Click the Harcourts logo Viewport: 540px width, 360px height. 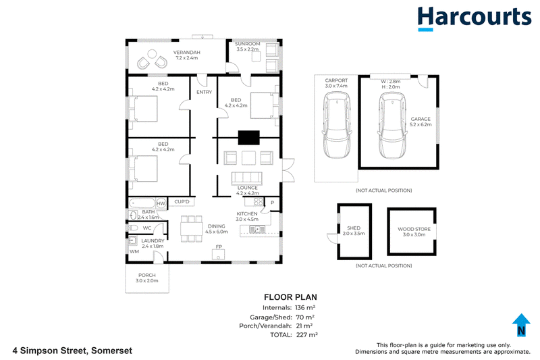click(x=475, y=19)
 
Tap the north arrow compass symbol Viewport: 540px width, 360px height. click(x=521, y=324)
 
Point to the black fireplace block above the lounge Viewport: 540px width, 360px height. click(x=249, y=138)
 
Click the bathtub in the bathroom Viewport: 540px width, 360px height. click(x=142, y=203)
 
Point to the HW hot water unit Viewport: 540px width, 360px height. click(x=161, y=203)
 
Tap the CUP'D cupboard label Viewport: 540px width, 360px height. click(x=182, y=201)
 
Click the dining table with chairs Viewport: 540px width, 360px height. click(x=192, y=229)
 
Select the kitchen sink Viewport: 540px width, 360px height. click(x=257, y=229)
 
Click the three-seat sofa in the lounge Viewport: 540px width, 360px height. click(x=247, y=179)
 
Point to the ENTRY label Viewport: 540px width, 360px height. click(x=205, y=92)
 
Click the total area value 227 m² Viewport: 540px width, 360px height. click(x=307, y=334)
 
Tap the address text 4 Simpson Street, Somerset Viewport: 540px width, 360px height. click(x=72, y=351)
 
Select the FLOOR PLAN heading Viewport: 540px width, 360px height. click(x=290, y=297)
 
